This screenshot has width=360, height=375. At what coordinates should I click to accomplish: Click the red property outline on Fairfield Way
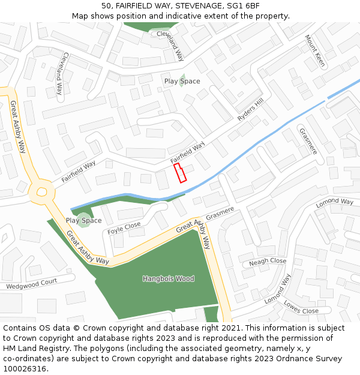tap(180, 173)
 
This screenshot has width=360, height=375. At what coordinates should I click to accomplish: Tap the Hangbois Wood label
tap(169, 278)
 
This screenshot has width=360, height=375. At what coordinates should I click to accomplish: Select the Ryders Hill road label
tap(250, 110)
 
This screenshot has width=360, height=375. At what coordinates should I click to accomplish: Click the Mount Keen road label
tap(315, 50)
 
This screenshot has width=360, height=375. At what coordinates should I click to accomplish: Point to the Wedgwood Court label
tap(31, 284)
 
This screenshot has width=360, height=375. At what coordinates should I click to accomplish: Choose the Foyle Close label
tap(124, 229)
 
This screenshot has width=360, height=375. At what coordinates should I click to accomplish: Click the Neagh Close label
tap(268, 262)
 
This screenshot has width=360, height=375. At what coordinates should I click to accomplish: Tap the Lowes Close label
tap(301, 307)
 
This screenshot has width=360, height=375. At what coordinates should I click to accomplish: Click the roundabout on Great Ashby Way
tap(41, 192)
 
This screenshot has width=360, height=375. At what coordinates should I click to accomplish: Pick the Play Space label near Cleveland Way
tap(182, 81)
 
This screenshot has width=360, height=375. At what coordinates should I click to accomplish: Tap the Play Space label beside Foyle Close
tap(83, 220)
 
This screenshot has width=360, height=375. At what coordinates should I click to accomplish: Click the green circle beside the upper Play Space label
tap(181, 81)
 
